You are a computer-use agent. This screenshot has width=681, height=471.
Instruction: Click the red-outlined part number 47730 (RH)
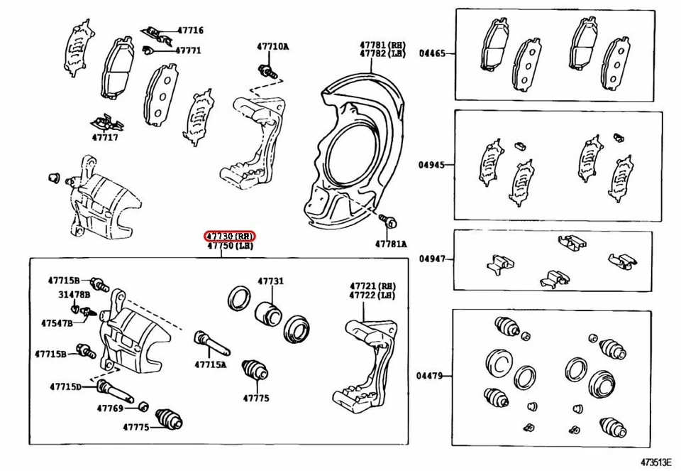tap(230, 236)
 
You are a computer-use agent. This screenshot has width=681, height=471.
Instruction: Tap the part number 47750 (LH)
tap(230, 247)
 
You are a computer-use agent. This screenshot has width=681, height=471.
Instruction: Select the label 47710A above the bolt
tap(272, 47)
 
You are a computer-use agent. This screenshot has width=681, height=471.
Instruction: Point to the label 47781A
tap(391, 244)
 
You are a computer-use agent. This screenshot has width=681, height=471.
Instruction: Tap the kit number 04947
tap(432, 259)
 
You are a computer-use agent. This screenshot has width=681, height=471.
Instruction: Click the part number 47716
tap(189, 31)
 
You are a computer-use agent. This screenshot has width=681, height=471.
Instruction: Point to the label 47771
tap(188, 50)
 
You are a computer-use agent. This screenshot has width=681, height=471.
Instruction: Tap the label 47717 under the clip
tap(105, 137)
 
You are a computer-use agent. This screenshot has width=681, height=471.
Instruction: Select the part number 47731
tap(270, 281)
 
